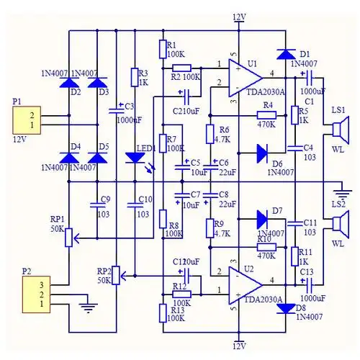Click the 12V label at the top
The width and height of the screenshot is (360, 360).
coord(239,17)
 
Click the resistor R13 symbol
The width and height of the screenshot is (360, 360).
coord(164,312)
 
